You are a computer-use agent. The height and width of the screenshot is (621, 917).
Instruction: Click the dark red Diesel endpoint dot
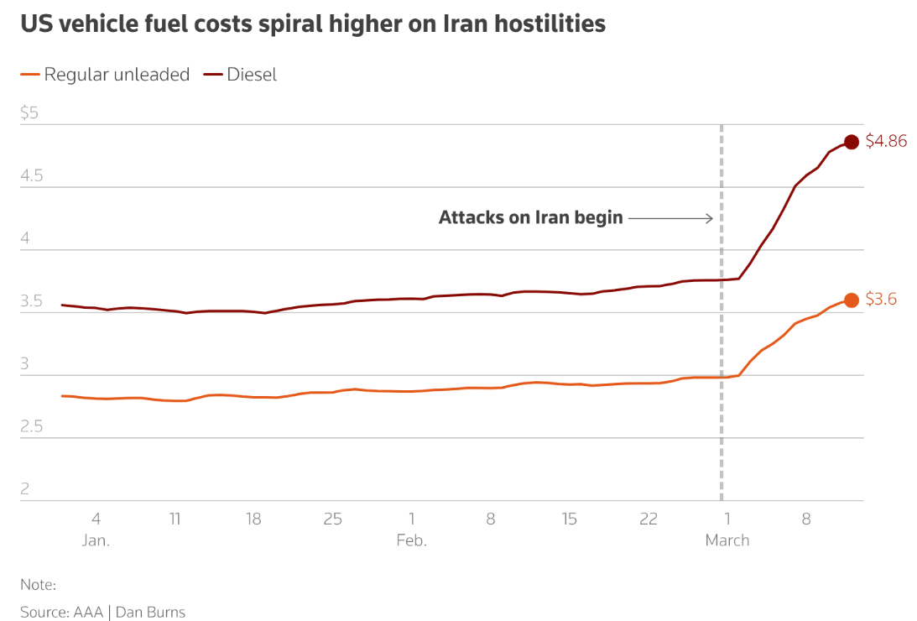tap(851, 142)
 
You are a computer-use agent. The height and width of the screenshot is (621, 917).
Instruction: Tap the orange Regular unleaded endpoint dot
tap(851, 300)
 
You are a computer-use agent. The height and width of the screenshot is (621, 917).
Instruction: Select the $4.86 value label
tap(886, 141)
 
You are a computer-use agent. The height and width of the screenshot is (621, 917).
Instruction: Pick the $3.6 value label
tap(881, 299)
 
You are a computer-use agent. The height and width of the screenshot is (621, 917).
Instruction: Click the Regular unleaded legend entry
tap(105, 75)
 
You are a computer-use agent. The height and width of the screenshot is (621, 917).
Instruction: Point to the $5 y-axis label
tap(29, 113)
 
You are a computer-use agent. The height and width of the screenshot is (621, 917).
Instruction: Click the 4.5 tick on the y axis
tap(31, 176)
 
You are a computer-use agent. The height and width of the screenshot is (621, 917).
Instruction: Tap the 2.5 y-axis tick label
tap(31, 427)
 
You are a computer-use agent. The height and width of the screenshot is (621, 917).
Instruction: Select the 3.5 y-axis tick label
tap(31, 301)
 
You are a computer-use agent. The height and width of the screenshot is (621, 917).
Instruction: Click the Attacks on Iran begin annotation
tap(530, 218)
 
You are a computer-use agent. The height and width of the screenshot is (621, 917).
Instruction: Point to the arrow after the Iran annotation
tap(670, 218)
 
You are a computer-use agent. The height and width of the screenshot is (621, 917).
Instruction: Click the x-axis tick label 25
tap(332, 519)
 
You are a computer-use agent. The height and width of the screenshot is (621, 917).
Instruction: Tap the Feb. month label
tap(411, 540)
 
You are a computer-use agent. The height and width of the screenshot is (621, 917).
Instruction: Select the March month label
tap(727, 540)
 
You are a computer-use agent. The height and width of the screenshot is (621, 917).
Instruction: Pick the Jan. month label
tap(96, 540)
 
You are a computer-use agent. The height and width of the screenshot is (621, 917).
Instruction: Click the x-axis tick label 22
tap(648, 519)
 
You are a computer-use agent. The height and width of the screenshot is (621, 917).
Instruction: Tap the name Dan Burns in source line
tap(150, 612)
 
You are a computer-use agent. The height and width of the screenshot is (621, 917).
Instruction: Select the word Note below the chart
tap(37, 585)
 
